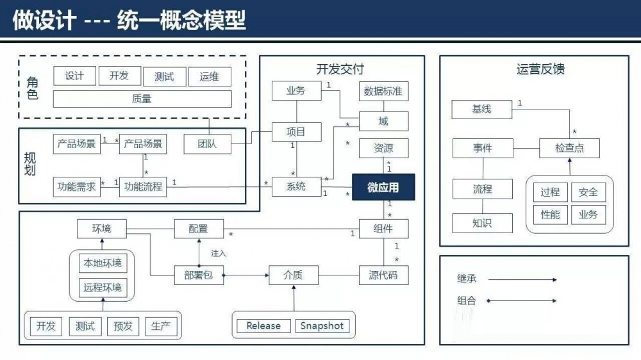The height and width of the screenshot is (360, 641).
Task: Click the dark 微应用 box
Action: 383,187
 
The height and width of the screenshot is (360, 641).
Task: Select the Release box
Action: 263,325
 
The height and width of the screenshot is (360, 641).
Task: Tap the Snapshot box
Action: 322,325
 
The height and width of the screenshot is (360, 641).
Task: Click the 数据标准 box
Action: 383,91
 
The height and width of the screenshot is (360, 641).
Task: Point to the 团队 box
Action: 207,144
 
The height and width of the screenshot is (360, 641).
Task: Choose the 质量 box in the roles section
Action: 142,99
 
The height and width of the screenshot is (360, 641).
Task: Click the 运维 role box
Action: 210,76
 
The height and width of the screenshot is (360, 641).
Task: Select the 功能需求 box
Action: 76,187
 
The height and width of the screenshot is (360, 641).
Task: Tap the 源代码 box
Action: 383,275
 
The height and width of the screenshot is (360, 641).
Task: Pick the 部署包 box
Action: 198,275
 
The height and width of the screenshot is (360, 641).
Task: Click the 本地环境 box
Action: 102,263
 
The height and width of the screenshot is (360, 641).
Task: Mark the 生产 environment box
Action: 161,326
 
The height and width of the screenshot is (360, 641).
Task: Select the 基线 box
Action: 481,109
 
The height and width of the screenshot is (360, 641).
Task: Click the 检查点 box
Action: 570,149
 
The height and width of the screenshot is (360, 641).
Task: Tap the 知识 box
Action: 482,223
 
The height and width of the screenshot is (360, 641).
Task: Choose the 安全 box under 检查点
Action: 588,192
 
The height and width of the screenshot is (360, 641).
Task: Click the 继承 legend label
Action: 467,279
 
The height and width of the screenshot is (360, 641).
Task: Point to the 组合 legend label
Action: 467,300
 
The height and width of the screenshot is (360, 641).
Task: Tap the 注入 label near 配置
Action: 219,253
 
